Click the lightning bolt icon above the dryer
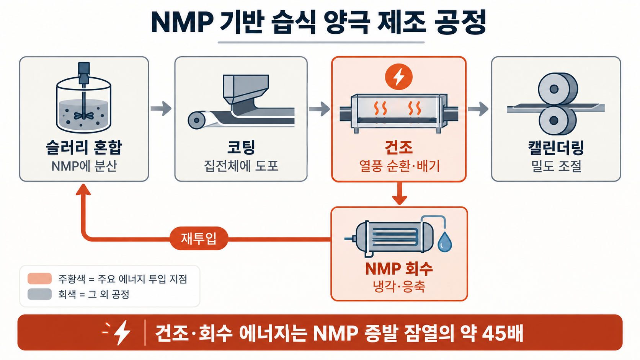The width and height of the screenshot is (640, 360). [398, 77]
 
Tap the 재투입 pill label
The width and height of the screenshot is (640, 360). [199, 238]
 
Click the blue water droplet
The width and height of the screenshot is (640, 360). [444, 242]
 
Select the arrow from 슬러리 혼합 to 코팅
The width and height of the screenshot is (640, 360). [161, 109]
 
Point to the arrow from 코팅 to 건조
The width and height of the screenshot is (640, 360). [320, 109]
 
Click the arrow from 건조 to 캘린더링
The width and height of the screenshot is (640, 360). [478, 109]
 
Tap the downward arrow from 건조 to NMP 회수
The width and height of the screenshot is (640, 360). [400, 193]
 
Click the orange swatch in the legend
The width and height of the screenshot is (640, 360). [39, 279]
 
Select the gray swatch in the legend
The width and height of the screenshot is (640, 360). [39, 294]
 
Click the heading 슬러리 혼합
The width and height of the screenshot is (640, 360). [84, 148]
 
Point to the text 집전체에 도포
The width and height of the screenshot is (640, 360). [241, 166]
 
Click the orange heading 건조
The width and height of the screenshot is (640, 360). [398, 148]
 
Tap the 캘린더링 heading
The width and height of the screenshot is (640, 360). [556, 148]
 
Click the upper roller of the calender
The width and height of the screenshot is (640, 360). [558, 89]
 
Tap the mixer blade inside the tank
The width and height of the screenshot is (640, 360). [83, 115]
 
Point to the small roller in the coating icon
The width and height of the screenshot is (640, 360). [197, 120]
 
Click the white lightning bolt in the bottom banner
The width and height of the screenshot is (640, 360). [122, 332]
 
